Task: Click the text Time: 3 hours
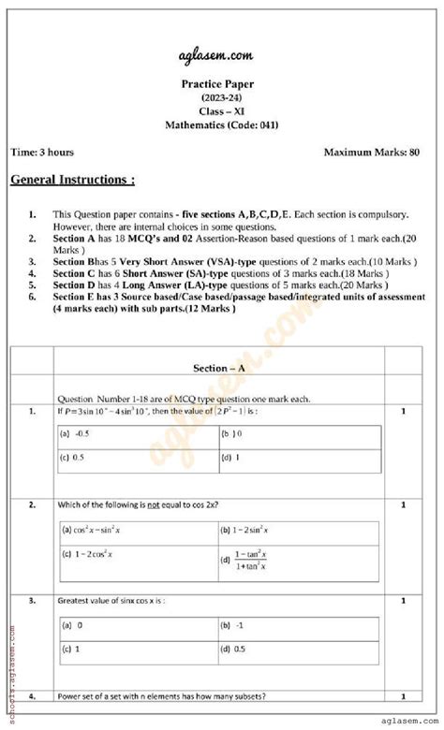pyautogui.click(x=42, y=152)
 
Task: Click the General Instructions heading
pyautogui.click(x=72, y=179)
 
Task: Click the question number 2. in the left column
pyautogui.click(x=33, y=504)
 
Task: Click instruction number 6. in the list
pyautogui.click(x=33, y=297)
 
